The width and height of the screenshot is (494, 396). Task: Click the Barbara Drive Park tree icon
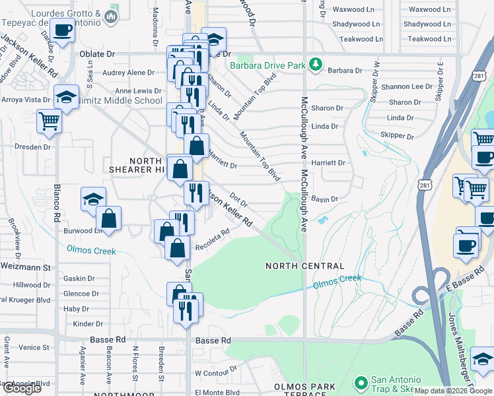point(317,65)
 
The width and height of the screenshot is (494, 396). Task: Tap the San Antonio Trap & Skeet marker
point(361,383)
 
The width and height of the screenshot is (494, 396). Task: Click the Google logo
point(22,388)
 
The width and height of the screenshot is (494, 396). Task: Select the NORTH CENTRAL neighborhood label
point(305,266)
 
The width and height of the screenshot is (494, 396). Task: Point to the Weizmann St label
point(26,267)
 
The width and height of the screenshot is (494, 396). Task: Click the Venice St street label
point(34,347)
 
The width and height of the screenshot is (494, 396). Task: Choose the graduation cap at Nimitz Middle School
point(67,97)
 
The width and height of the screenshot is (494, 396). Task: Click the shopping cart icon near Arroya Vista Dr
point(49,121)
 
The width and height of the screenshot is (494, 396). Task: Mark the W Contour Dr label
point(216,374)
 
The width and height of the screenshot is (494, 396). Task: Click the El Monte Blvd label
point(217,392)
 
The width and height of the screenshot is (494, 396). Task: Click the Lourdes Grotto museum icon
point(111,15)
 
